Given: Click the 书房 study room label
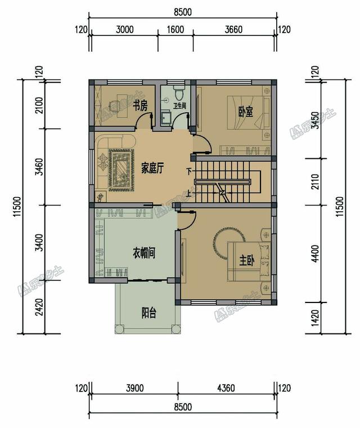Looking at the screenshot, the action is (140, 105).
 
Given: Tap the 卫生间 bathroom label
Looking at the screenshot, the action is (180, 106).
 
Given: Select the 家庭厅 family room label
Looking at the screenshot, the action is (152, 168).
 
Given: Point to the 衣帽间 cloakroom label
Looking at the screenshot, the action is (144, 253).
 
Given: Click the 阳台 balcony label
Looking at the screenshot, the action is (149, 313).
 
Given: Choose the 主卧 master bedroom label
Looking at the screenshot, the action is (247, 260).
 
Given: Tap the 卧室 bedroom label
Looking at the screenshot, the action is (246, 112).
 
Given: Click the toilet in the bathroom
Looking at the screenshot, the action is (179, 93).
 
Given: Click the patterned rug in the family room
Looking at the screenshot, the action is (121, 170).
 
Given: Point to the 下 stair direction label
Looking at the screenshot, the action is (189, 171).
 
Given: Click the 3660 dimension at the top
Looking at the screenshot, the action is (234, 29).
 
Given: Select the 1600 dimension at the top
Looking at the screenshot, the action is (175, 29).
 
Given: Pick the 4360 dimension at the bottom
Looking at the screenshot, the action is (226, 388).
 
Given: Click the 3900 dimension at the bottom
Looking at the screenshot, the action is (135, 388).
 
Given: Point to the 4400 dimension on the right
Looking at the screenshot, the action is (315, 253).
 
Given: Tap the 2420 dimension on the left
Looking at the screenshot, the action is (40, 307).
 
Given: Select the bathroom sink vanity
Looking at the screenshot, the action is (166, 118).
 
